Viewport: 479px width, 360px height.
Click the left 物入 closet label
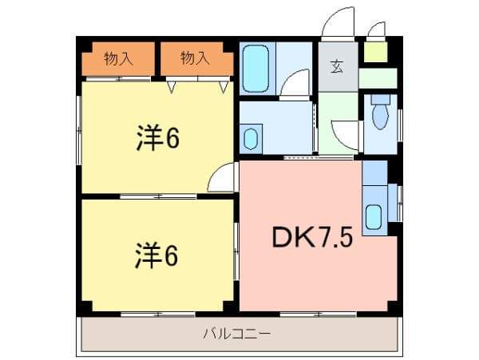(x=117, y=57)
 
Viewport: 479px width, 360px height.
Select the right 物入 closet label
(x=194, y=57)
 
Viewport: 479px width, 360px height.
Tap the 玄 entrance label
(x=338, y=66)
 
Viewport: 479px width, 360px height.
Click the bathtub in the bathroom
(x=256, y=67)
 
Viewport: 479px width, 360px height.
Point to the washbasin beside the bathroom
(x=250, y=138)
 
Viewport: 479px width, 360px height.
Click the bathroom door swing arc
(x=295, y=83)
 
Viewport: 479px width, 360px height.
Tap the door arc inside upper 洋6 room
(x=221, y=179)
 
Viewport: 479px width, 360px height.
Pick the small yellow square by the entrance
(x=374, y=51)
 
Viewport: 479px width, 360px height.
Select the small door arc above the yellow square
(x=374, y=29)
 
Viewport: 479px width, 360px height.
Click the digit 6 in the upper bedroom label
(x=172, y=138)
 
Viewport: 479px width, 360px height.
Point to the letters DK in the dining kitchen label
(x=288, y=237)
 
